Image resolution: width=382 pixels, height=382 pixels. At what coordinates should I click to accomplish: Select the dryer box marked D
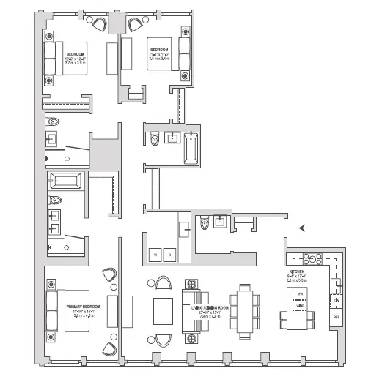[x=169, y=255]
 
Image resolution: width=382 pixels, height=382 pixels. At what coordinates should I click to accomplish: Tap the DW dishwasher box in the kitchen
[x=337, y=301]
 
